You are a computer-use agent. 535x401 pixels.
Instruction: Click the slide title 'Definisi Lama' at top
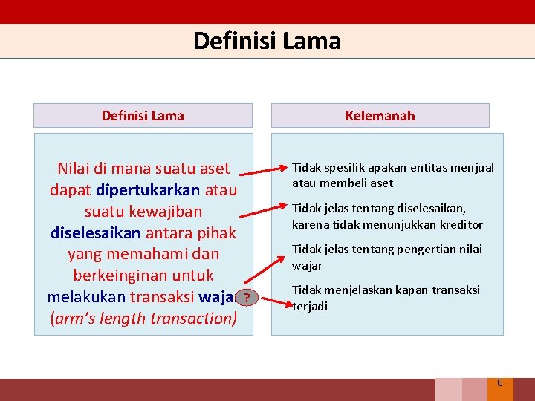point(267,40)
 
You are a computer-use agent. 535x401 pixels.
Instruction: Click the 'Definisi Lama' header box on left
point(143,115)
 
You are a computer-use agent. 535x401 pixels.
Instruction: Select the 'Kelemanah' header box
point(380,115)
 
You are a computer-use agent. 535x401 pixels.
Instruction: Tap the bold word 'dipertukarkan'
point(148,189)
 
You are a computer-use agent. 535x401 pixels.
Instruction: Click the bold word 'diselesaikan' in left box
point(95,232)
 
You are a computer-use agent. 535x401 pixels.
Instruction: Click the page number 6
point(499,383)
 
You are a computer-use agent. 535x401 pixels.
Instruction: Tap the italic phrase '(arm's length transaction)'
point(143,319)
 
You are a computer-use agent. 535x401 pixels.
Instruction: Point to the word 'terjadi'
point(310,306)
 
